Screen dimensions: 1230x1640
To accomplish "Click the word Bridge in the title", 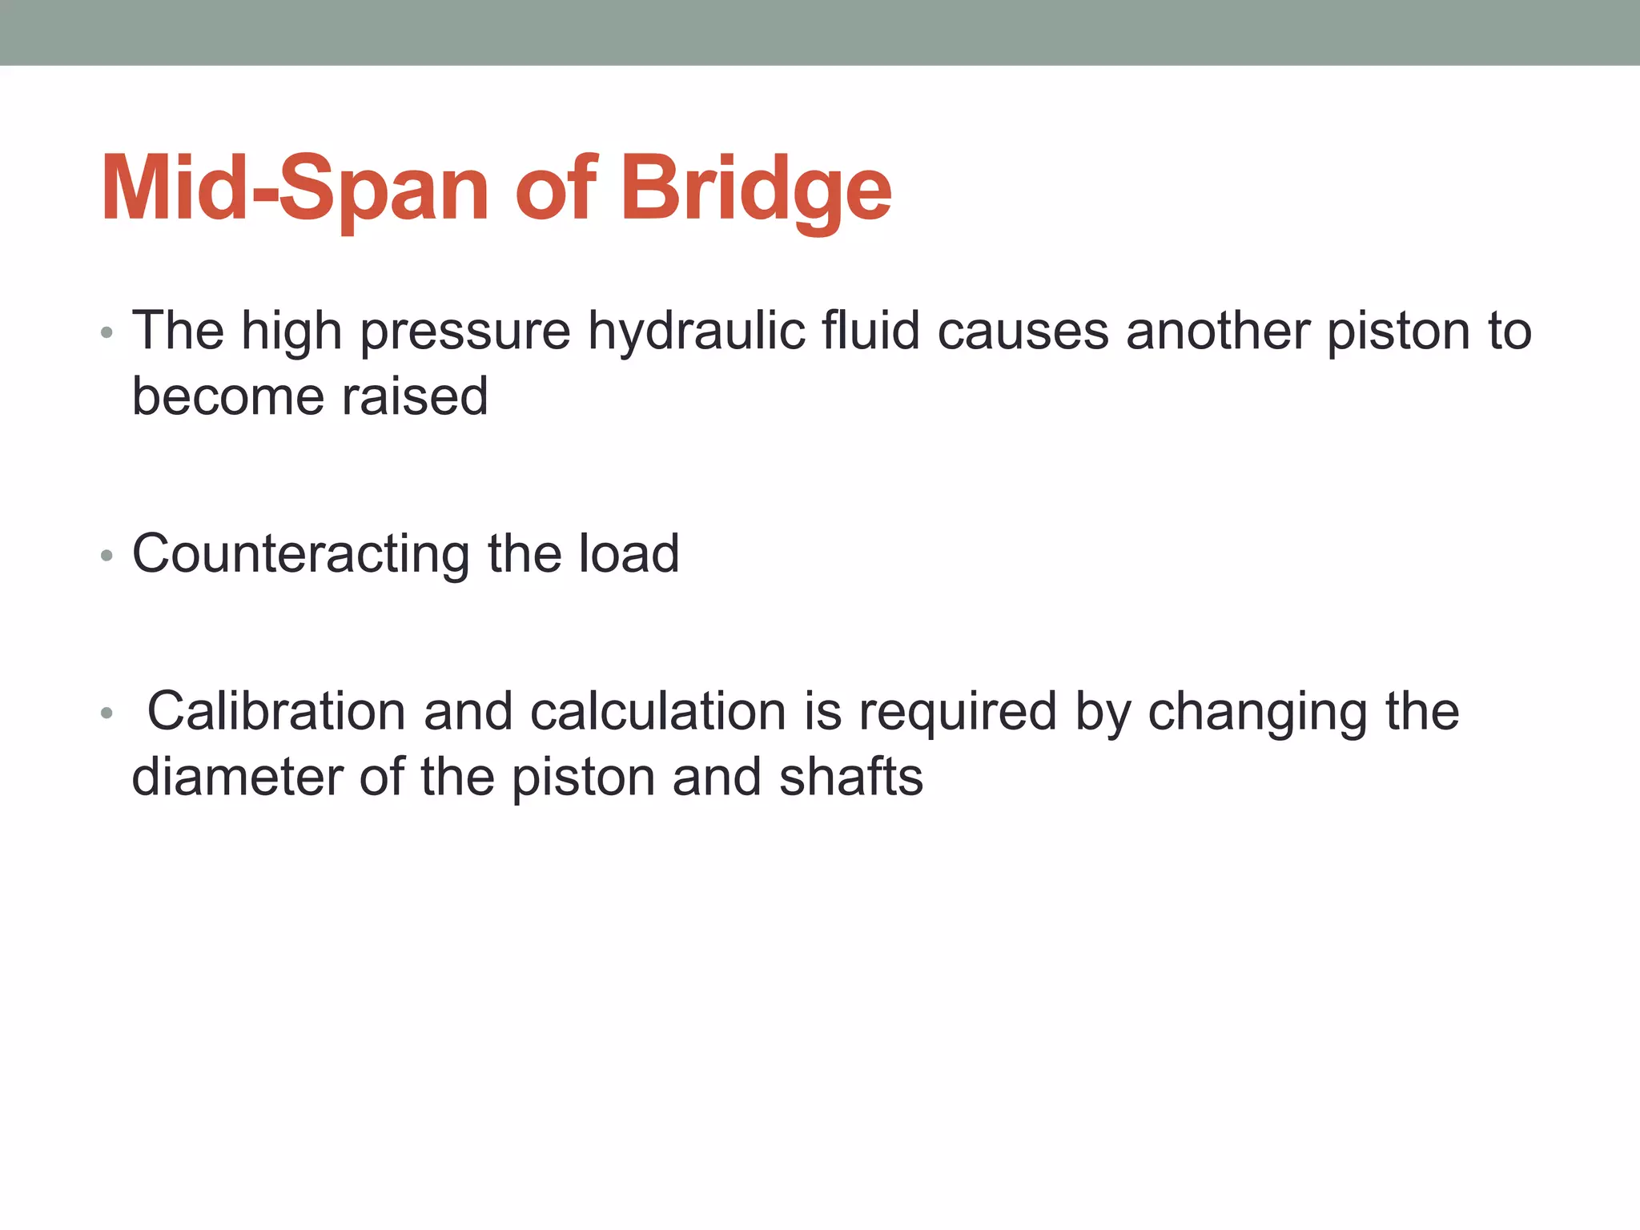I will pyautogui.click(x=756, y=190).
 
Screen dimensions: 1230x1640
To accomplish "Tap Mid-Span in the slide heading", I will pyautogui.click(x=294, y=190).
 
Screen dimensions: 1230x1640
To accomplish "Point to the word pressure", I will pyautogui.click(x=465, y=332).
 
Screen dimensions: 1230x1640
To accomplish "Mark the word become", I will pyautogui.click(x=229, y=396).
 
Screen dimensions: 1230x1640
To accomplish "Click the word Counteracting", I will pyautogui.click(x=301, y=554).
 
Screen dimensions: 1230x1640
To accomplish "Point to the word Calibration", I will pyautogui.click(x=277, y=711).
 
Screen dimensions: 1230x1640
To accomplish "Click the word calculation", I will pyautogui.click(x=658, y=711).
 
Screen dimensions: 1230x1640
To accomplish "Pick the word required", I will pyautogui.click(x=958, y=713).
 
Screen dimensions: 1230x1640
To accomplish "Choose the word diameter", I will pyautogui.click(x=237, y=778).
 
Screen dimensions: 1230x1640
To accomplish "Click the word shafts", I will pyautogui.click(x=851, y=778).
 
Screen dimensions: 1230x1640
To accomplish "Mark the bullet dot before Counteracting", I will pyautogui.click(x=107, y=556).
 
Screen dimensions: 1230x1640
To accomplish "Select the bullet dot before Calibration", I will pyautogui.click(x=107, y=713).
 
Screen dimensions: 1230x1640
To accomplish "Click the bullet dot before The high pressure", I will pyautogui.click(x=107, y=332).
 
